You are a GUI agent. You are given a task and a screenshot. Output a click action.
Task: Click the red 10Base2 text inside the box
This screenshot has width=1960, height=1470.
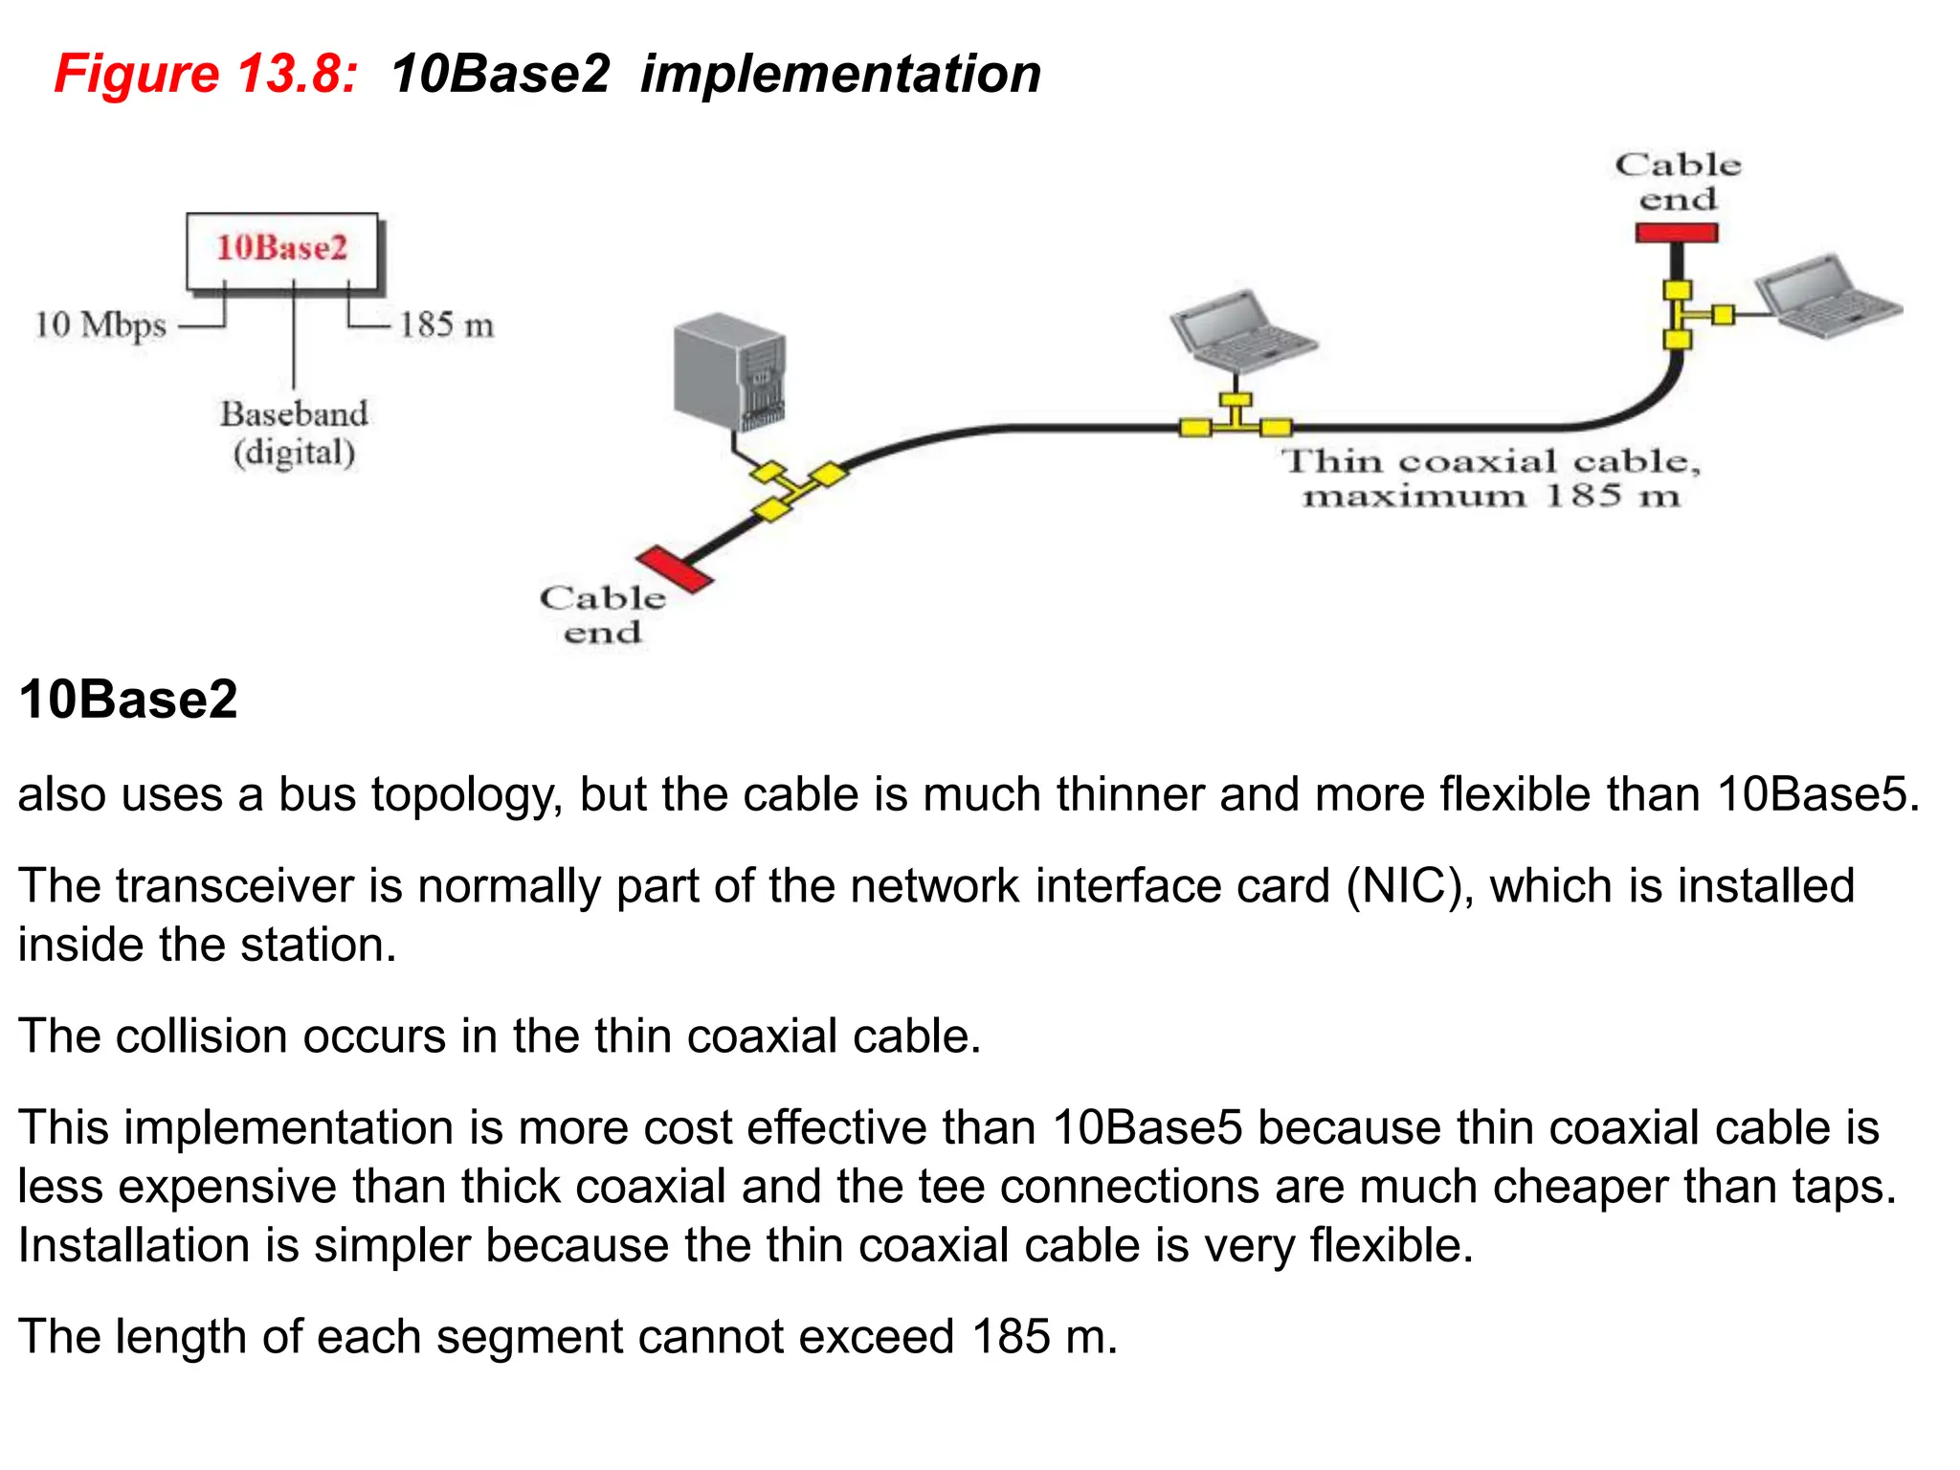tap(281, 248)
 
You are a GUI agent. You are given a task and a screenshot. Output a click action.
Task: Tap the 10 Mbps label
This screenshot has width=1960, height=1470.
tap(100, 325)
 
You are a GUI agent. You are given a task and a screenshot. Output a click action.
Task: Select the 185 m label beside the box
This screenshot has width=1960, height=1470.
tap(446, 325)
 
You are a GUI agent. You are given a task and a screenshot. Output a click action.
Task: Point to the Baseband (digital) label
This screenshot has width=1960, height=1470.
tap(294, 433)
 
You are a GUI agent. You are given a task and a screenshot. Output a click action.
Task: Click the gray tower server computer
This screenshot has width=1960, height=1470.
tap(729, 373)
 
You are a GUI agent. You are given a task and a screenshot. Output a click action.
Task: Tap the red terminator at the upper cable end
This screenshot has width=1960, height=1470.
tap(1676, 233)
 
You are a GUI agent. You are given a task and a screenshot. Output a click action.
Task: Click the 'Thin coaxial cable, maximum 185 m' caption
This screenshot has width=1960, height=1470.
tap(1491, 479)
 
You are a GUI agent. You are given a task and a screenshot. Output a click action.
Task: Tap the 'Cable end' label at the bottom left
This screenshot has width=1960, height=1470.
tap(603, 615)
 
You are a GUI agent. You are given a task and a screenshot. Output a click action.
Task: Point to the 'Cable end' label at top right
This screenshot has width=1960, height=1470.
tap(1678, 182)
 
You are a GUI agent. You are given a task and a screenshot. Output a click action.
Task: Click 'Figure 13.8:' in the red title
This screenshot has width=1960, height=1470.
tap(206, 74)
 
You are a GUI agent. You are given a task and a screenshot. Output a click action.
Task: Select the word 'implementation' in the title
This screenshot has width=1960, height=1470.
tap(840, 74)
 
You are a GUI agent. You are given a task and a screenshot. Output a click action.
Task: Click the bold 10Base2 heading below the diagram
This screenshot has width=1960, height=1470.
tap(128, 700)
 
